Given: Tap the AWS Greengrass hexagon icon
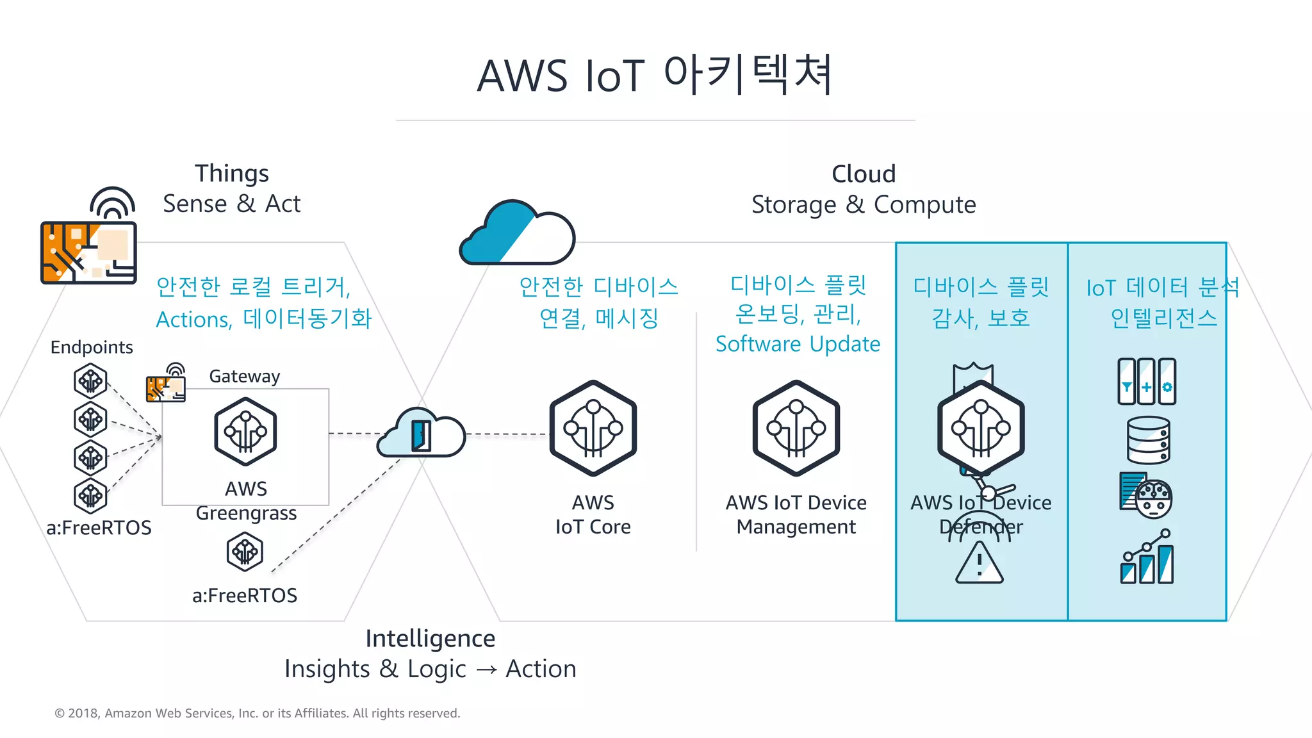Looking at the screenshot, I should (x=245, y=432).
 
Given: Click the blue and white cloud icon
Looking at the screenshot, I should (x=518, y=233).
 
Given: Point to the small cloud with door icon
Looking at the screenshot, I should (x=421, y=434).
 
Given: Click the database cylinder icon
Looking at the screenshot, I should (x=1148, y=440).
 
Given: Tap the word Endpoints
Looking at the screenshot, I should (x=92, y=347).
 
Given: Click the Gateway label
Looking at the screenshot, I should (x=244, y=376).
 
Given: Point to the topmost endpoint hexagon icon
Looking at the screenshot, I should (x=90, y=381).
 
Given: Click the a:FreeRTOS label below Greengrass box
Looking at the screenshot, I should (x=245, y=595).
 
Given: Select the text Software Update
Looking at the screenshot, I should (x=798, y=344).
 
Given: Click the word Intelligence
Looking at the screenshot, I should (x=430, y=639).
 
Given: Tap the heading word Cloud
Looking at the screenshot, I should (x=863, y=174).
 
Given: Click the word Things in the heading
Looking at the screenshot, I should (x=231, y=174).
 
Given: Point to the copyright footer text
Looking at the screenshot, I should (x=257, y=713).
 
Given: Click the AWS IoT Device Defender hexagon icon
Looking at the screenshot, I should (x=980, y=428).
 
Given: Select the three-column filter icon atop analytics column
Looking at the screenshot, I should (x=1146, y=381).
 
